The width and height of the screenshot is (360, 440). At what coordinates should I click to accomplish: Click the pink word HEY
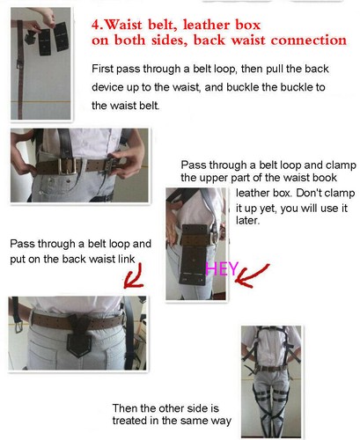click(x=222, y=269)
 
